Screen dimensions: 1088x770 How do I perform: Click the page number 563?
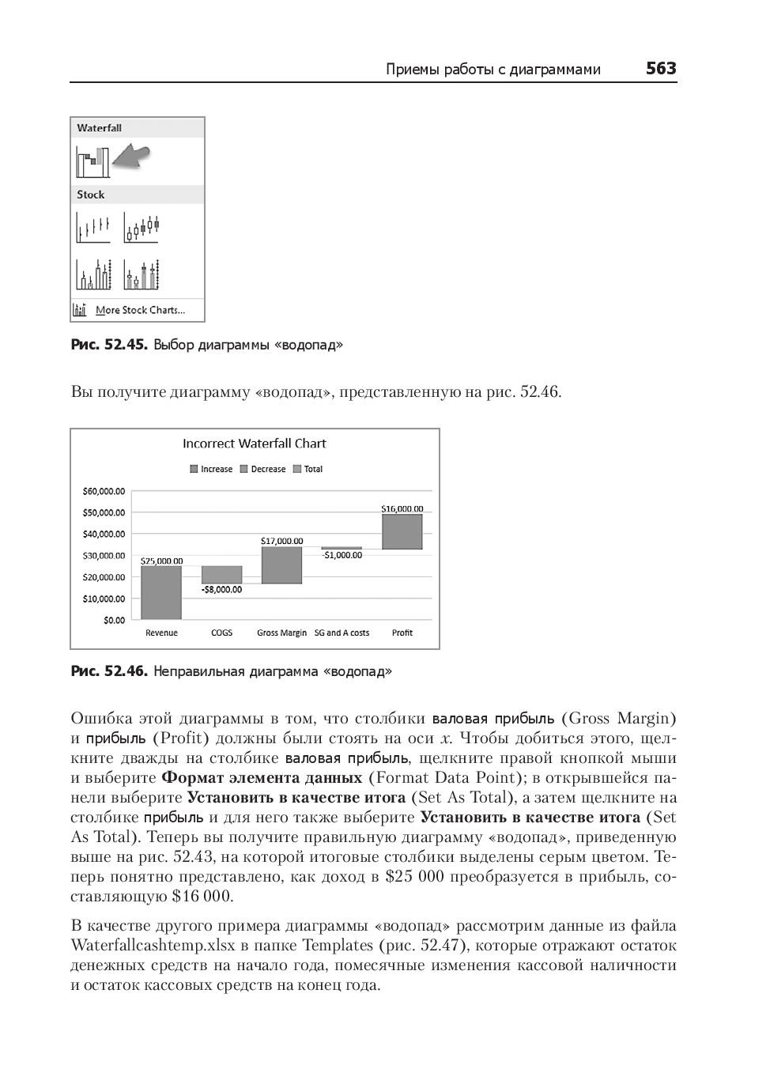661,69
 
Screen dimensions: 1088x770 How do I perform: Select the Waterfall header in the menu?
100,128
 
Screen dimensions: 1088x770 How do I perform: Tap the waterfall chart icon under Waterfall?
92,161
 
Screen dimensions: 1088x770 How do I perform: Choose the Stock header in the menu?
91,195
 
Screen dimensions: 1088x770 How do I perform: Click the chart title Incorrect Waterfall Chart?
254,444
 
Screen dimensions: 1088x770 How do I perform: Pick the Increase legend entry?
211,469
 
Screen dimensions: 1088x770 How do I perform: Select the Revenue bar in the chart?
161,592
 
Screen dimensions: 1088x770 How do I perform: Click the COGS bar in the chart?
221,574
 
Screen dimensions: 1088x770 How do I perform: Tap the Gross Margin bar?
281,565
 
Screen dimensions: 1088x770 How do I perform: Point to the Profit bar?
402,531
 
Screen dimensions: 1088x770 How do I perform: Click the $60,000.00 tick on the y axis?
104,491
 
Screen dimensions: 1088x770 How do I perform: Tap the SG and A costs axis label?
342,633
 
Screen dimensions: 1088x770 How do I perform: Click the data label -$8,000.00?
221,589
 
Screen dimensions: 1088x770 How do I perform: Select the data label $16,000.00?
402,508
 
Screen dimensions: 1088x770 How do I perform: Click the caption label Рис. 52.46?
109,671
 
